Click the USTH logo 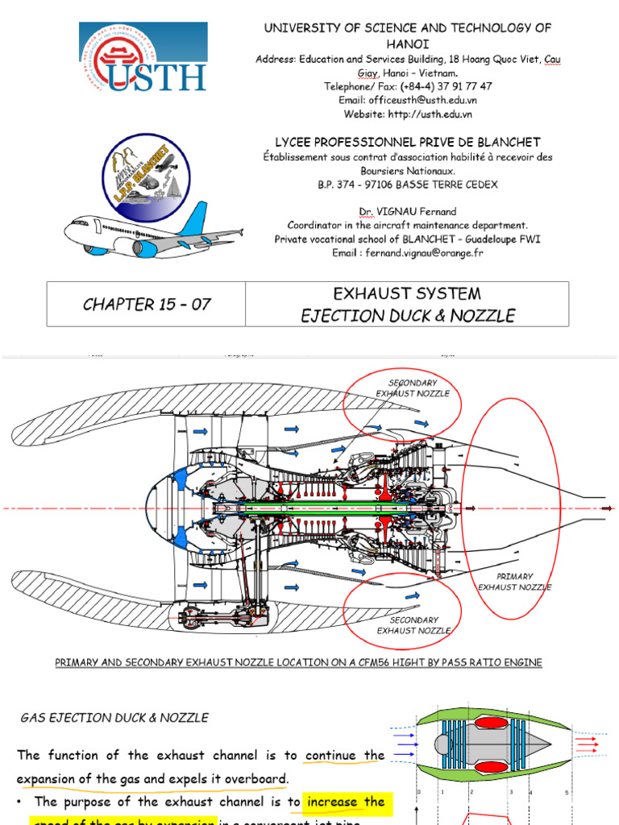tap(143, 57)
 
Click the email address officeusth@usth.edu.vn tap(408, 100)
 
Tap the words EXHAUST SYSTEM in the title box tap(407, 293)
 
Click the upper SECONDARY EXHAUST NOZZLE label tap(413, 388)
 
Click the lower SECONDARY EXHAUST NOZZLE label tap(413, 625)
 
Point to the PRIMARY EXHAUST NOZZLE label tap(514, 582)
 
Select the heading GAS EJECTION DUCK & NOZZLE tap(114, 717)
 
